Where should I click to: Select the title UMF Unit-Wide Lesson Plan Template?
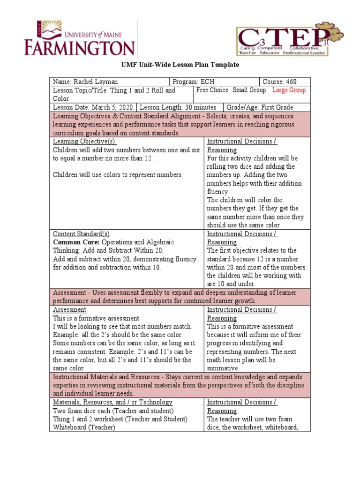(180, 65)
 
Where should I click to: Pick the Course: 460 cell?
(279, 81)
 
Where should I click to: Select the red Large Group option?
(289, 90)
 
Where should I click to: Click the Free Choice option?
(212, 90)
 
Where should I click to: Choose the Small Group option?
(249, 90)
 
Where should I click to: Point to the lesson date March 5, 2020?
(112, 107)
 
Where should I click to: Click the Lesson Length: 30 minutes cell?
(178, 107)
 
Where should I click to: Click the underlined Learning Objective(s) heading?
(84, 142)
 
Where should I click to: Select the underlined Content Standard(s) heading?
(81, 234)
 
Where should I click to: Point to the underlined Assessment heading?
(69, 310)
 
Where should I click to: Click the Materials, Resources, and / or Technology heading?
(112, 403)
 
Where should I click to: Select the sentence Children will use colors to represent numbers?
(117, 175)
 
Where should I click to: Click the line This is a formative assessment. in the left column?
(96, 318)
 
